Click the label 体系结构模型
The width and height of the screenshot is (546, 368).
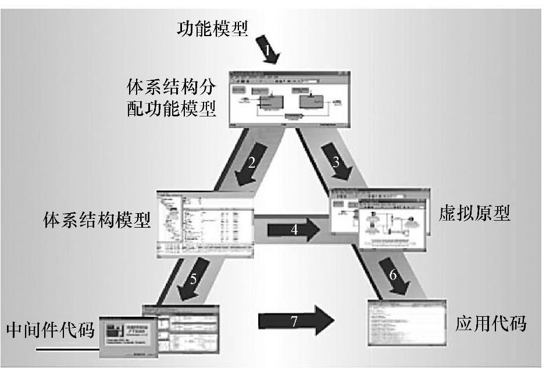click(97, 220)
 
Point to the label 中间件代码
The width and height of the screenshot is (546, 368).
click(50, 330)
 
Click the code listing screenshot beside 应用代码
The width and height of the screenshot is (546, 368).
click(406, 322)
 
